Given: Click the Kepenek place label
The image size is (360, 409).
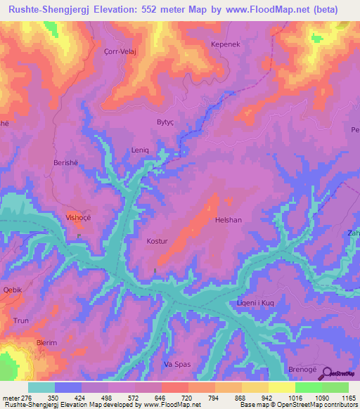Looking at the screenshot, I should (x=226, y=44).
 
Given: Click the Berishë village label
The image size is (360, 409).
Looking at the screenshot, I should (x=67, y=162).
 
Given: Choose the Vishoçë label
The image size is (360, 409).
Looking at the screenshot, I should (x=78, y=218).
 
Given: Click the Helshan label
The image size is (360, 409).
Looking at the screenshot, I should (x=229, y=220).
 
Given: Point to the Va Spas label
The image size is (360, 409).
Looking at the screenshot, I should (x=177, y=365).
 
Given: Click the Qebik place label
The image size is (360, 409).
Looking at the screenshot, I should (x=13, y=290).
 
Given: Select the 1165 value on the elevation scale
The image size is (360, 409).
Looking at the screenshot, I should (x=349, y=397).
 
